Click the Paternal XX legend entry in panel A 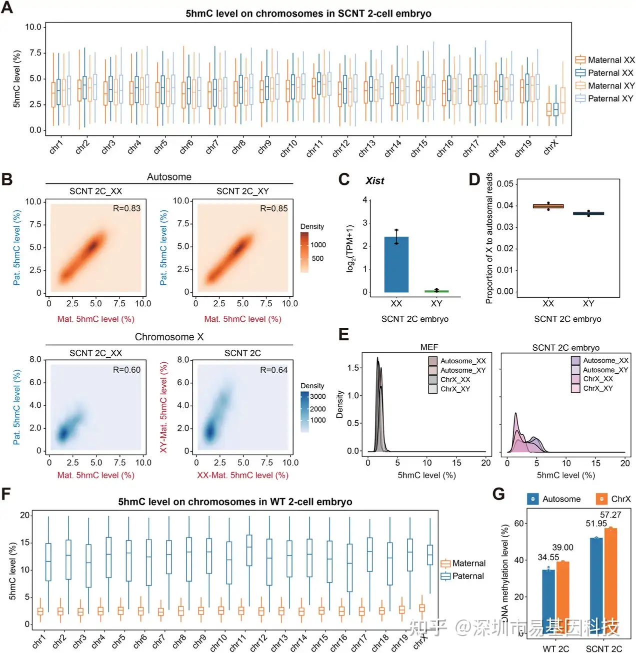click(604, 73)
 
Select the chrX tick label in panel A click(550, 147)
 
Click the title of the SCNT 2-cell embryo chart click(308, 13)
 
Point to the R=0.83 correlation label click(126, 208)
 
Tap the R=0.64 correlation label click(273, 370)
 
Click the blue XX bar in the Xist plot click(396, 264)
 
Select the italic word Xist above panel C click(375, 181)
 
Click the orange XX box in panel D click(548, 206)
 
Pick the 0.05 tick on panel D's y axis click(505, 184)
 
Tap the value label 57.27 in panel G click(610, 515)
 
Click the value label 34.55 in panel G click(548, 557)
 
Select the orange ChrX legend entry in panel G click(613, 499)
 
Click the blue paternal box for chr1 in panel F click(48, 562)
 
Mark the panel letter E click(343, 334)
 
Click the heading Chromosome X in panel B click(169, 337)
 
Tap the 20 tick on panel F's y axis click(24, 516)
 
